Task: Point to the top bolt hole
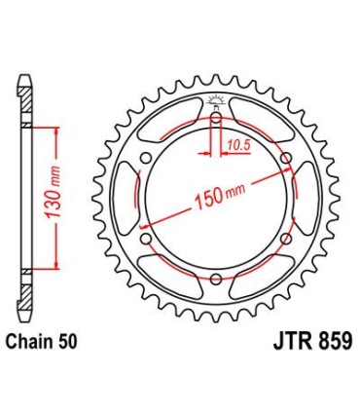coord(215,120)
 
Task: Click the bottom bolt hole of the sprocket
coord(215,282)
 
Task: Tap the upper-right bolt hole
coord(285,160)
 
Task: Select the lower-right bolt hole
coord(285,242)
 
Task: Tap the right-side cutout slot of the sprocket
coord(306,201)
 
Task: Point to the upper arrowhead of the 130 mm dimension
coord(58,131)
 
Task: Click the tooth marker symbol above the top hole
coord(215,101)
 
